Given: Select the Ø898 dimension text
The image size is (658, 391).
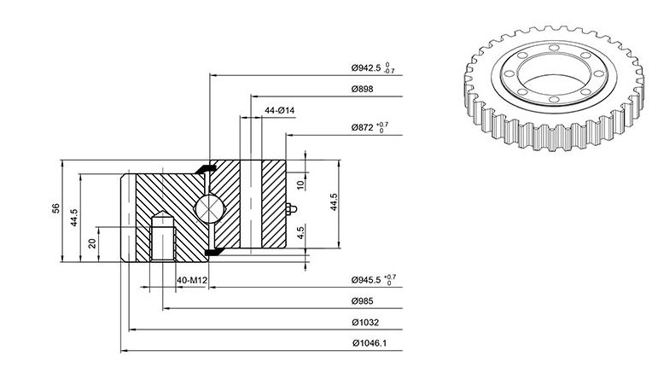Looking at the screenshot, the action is pos(362,89).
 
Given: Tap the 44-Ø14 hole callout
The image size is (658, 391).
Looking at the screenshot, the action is pos(279,110).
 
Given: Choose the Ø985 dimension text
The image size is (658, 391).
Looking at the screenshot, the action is pos(362,301).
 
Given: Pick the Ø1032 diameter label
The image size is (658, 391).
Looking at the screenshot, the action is pos(365,323).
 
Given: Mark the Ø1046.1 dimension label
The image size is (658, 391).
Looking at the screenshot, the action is pos(370,343).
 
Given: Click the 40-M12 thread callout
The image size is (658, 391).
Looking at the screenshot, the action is pos(192,280).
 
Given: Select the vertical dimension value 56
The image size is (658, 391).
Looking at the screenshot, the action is pos(55,208).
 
